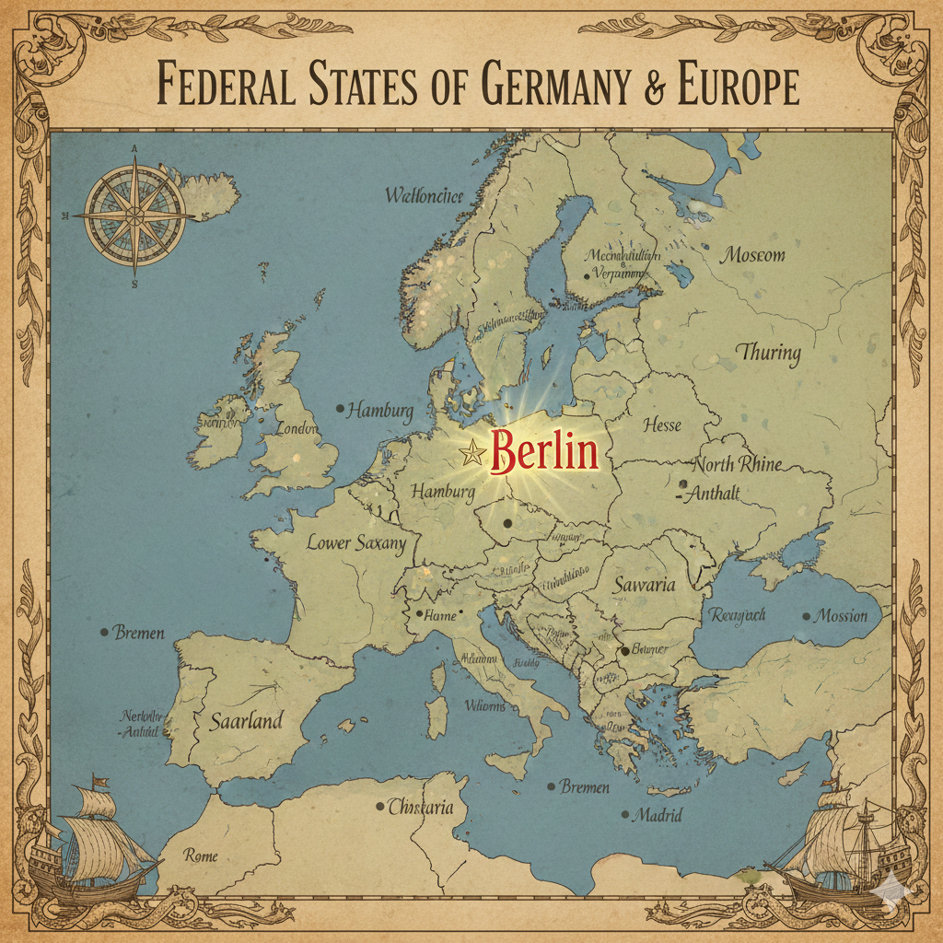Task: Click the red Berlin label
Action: (x=545, y=452)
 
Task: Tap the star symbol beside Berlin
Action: (x=473, y=452)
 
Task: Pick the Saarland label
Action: (x=245, y=721)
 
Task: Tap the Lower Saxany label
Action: (x=355, y=542)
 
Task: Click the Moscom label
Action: (x=753, y=254)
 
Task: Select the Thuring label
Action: (x=769, y=352)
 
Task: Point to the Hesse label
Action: (x=662, y=425)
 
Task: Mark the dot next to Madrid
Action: (x=626, y=815)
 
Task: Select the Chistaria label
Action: (x=421, y=808)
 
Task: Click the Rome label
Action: (x=201, y=856)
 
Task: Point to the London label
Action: (x=297, y=429)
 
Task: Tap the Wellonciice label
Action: (x=424, y=195)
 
